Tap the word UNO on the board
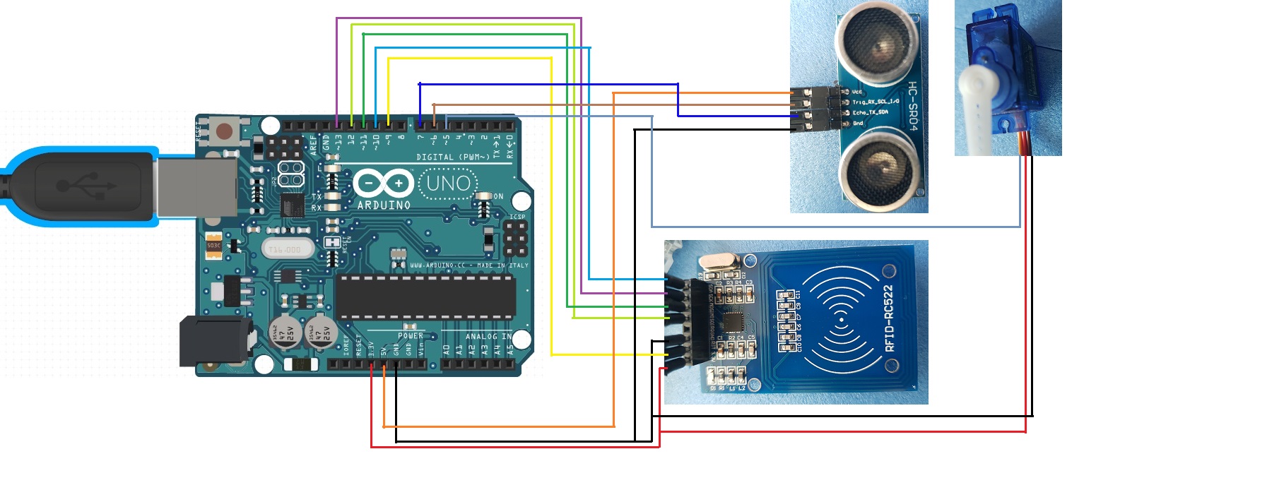(448, 184)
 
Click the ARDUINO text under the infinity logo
(384, 205)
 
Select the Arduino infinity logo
(382, 184)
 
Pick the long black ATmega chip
(425, 297)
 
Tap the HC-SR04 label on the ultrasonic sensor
(912, 106)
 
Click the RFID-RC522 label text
(890, 318)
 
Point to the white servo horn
(978, 106)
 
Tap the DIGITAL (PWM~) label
(452, 157)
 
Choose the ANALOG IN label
(488, 337)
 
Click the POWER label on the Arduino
(410, 336)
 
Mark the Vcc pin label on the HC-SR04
(857, 92)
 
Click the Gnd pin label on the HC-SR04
(858, 124)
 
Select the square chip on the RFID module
(735, 322)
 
